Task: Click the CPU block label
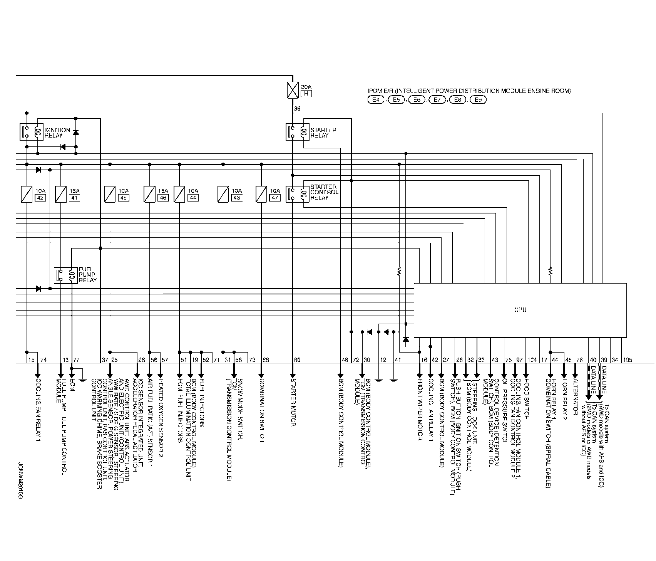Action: pyautogui.click(x=520, y=310)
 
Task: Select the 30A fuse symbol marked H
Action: pyautogui.click(x=293, y=90)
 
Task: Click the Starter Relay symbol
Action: pyautogui.click(x=296, y=132)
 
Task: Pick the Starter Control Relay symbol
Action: pyautogui.click(x=296, y=193)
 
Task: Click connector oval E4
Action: pyautogui.click(x=376, y=100)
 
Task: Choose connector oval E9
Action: pyautogui.click(x=478, y=100)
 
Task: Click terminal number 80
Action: pyautogui.click(x=297, y=360)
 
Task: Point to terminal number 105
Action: pyautogui.click(x=628, y=360)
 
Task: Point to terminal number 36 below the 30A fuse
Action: pyautogui.click(x=297, y=109)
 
